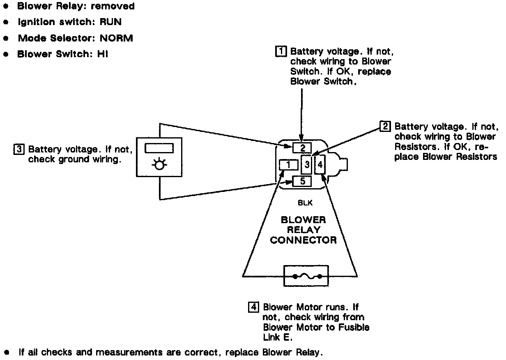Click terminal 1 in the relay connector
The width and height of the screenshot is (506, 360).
pos(288,165)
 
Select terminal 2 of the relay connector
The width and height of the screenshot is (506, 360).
pos(302,148)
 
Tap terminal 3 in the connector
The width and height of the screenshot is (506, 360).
pos(307,165)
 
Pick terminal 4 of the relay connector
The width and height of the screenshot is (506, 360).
pos(320,165)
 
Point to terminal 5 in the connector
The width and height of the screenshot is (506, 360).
pos(302,181)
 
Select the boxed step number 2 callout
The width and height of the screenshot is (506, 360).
pos(386,126)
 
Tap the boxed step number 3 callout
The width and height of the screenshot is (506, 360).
pos(19,148)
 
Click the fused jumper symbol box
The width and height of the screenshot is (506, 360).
pos(306,276)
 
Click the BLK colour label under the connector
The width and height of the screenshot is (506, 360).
pos(303,203)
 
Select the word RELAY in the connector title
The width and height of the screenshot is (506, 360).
pos(304,230)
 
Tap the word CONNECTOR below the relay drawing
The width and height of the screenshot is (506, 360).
pos(304,240)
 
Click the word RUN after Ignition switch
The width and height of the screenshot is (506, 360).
pos(111,22)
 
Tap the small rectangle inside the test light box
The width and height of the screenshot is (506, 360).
pos(159,148)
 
